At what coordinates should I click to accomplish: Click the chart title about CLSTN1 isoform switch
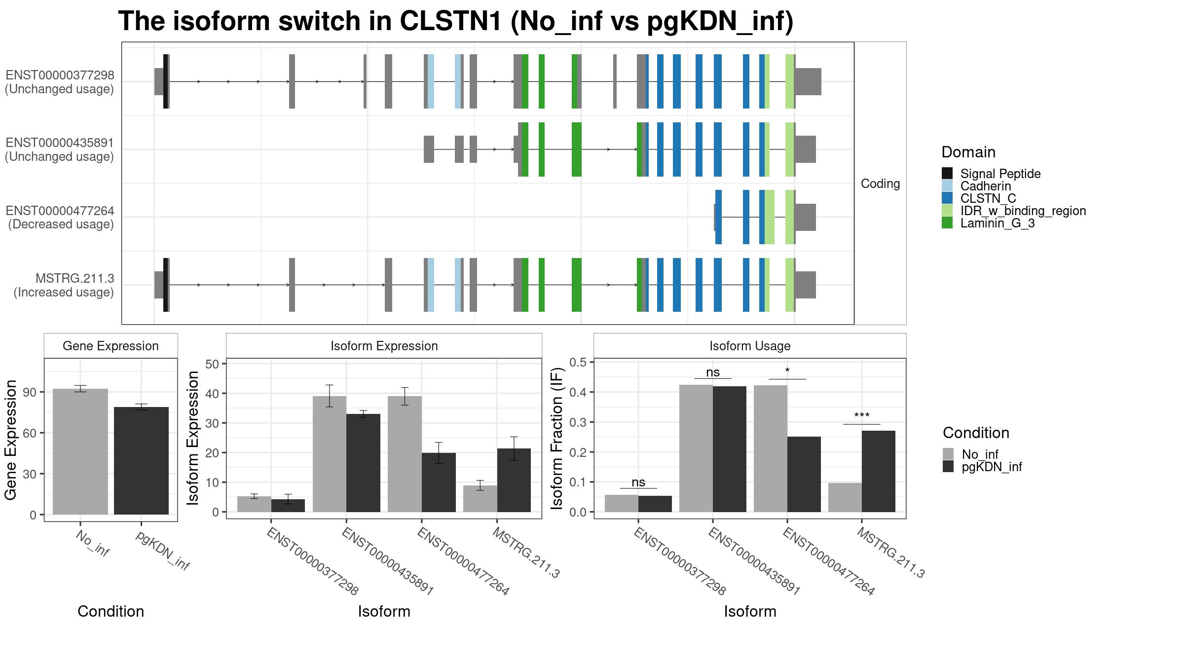tap(456, 21)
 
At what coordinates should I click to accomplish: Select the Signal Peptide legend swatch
tap(947, 174)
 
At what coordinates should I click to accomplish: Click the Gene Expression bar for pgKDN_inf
tap(141, 461)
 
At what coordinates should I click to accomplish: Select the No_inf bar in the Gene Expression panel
tap(80, 452)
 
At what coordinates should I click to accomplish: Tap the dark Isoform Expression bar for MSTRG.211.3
tap(514, 480)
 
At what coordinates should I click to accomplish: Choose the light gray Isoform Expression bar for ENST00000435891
tap(330, 454)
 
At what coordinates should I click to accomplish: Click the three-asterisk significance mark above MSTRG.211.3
tap(862, 416)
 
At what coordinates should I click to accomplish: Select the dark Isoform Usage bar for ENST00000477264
tap(804, 474)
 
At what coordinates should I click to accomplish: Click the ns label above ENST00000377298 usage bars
tap(638, 482)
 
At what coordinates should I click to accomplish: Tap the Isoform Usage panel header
tap(750, 346)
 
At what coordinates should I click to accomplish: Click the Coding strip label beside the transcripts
tap(880, 184)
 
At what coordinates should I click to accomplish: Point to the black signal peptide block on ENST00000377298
tap(166, 81)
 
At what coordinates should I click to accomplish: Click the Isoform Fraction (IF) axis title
tap(557, 438)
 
